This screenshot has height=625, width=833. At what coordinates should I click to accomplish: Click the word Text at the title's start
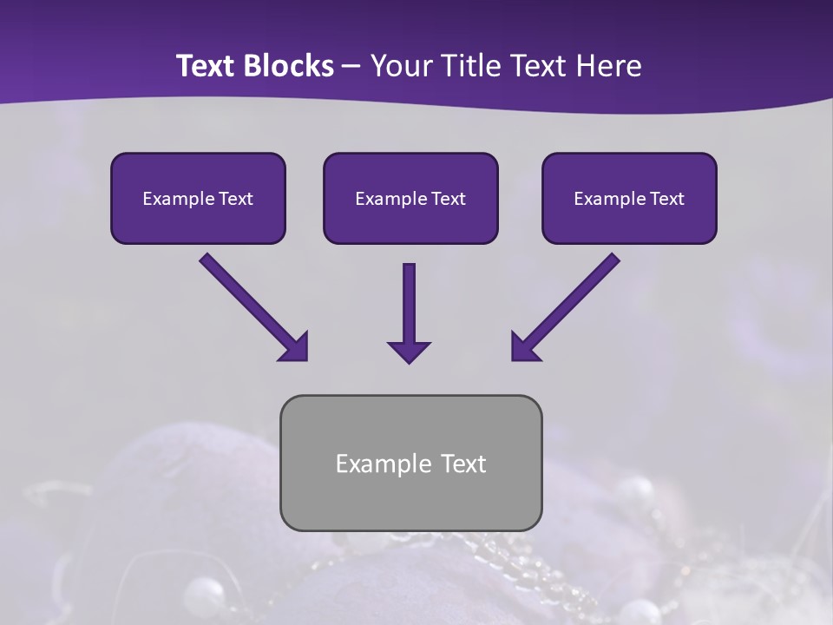pos(205,66)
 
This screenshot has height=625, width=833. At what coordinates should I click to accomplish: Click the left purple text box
pos(198,199)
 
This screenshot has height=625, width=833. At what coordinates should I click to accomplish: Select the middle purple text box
pos(410,199)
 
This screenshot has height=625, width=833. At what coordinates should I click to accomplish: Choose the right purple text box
pos(629,199)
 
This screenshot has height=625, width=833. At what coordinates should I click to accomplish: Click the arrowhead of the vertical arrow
pos(409,351)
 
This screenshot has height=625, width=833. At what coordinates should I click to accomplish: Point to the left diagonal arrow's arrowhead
pos(294,346)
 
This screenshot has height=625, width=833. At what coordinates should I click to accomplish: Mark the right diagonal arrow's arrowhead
pos(525,346)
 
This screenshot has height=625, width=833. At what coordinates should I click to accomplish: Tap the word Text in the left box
pos(235,199)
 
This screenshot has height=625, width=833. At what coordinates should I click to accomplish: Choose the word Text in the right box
pos(666,199)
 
